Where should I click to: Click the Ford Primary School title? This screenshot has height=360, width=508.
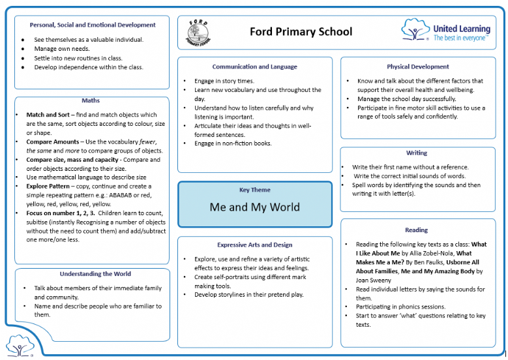[x=301, y=31]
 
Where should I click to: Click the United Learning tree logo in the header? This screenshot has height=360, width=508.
[x=415, y=30]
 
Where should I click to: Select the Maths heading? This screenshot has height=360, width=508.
[x=91, y=100]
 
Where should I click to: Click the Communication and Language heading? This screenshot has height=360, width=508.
[x=254, y=67]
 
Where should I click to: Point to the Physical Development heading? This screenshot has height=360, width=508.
[x=417, y=67]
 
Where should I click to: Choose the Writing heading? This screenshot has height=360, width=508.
[x=417, y=153]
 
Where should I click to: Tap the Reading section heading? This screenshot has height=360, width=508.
[x=417, y=230]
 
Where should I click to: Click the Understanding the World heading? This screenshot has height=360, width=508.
[x=95, y=274]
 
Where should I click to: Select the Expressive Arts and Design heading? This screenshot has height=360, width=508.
[x=254, y=245]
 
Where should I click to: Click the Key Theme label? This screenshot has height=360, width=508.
[x=254, y=190]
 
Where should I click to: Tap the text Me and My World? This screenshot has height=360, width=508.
[x=254, y=207]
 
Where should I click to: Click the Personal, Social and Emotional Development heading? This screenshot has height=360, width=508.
[x=93, y=25]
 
